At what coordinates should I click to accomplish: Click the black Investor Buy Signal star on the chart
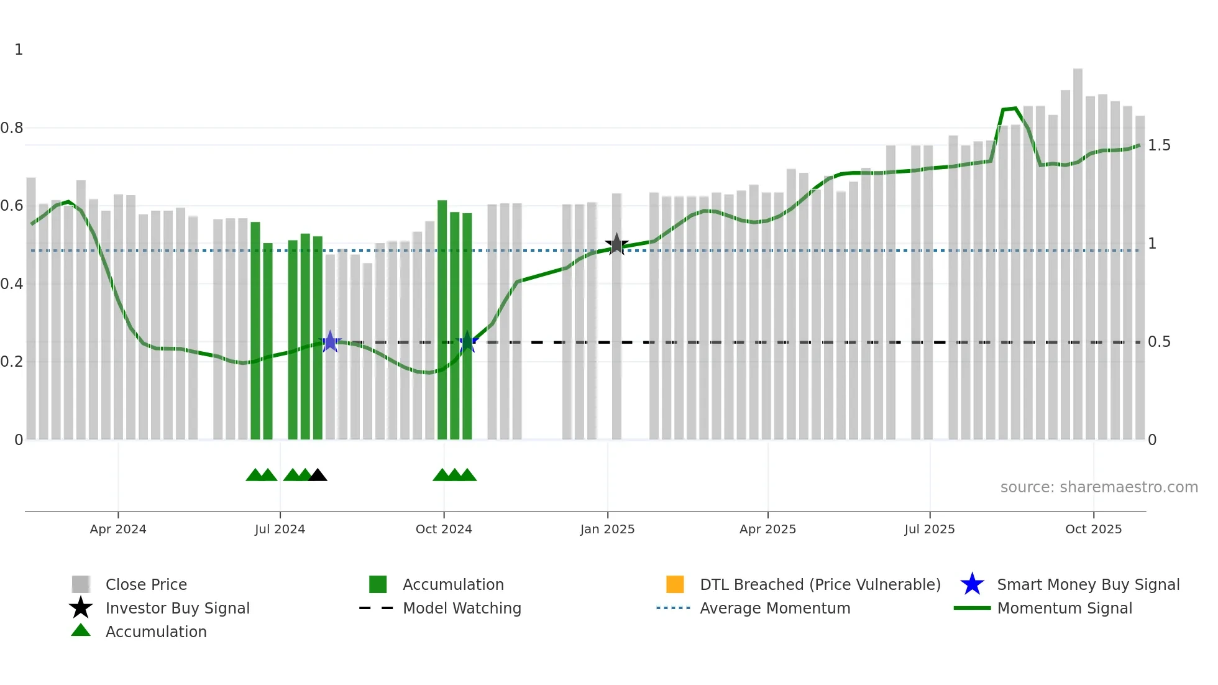coord(616,244)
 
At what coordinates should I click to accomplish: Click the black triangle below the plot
coord(318,476)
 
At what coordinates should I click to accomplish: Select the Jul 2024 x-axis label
coord(280,529)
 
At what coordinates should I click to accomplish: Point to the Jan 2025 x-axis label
coord(607,529)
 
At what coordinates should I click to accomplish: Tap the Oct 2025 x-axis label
coord(1093,529)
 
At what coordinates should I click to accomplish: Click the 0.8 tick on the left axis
coord(12,128)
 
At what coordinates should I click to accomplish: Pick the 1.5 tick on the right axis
coord(1158,145)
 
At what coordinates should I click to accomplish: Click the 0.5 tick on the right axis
coord(1158,342)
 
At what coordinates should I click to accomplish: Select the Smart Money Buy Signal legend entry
coord(1087,585)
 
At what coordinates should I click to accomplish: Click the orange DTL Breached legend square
coord(675,584)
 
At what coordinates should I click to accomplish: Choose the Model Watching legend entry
coord(461,609)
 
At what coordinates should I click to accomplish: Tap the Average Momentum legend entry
coord(774,609)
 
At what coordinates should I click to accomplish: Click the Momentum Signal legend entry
coord(1064,609)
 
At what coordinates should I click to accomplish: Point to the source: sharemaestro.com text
coord(1099,487)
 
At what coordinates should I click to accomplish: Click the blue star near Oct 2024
coord(467,342)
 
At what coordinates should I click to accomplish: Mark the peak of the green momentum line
coord(1015,109)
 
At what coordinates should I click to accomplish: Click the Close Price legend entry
coord(145,585)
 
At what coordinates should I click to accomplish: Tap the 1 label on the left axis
coord(19,50)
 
